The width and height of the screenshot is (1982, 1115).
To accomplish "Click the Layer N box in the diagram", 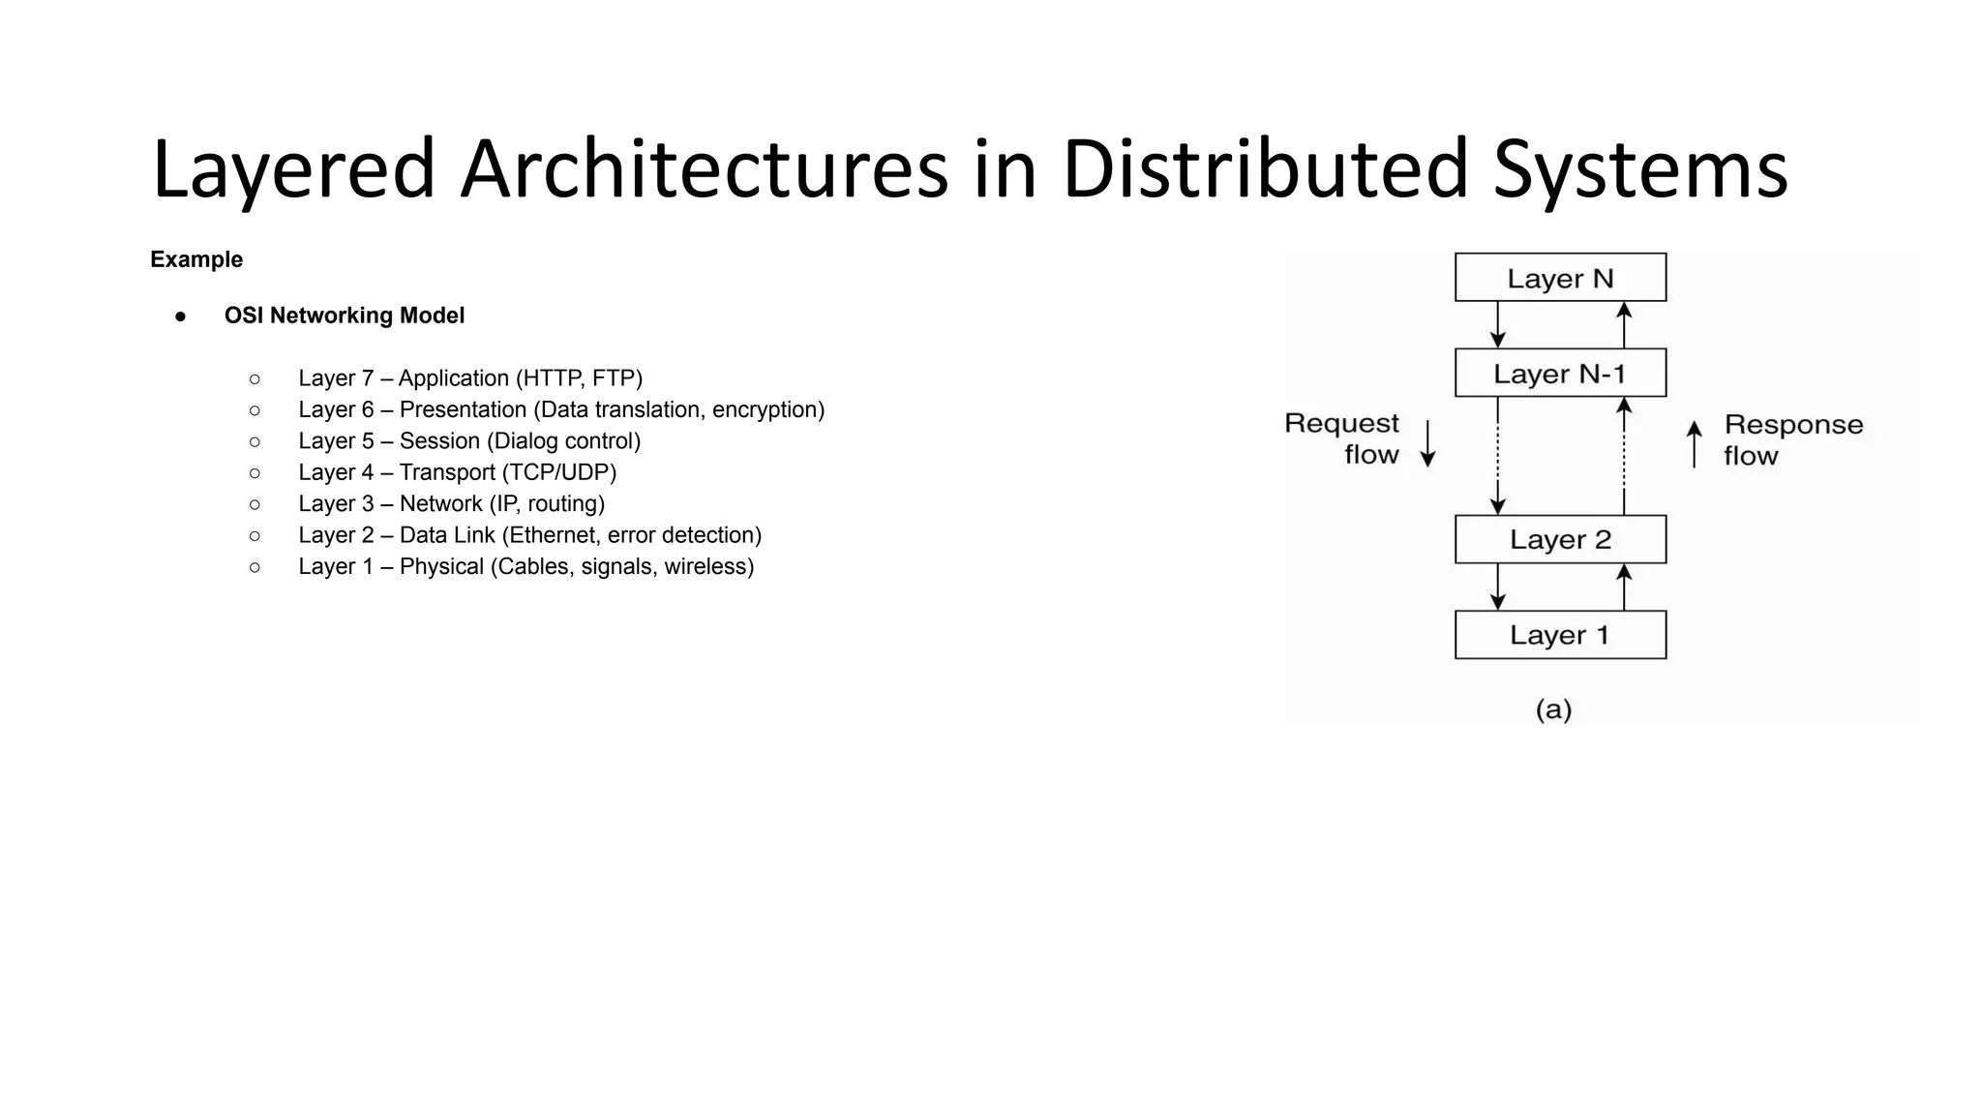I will coord(1560,278).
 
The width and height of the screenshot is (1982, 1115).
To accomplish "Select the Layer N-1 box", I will coord(1560,374).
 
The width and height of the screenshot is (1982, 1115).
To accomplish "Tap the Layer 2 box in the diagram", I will coord(1560,539).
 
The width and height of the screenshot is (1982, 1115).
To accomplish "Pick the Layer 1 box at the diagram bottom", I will coord(1560,635).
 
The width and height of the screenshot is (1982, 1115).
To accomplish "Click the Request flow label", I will coord(1342,438).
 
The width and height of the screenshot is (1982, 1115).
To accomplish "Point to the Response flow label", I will coord(1792,439).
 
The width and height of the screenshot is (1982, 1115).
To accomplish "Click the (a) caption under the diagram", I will coord(1553,709).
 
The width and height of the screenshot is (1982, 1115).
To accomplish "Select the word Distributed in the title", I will coord(1265,169).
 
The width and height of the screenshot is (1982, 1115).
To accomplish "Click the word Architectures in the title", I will coord(704,169).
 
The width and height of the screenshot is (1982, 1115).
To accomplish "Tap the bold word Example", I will coord(196,259).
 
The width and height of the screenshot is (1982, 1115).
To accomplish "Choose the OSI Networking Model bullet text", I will coord(344,316).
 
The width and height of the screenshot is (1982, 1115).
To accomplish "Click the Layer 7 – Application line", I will coord(469,378).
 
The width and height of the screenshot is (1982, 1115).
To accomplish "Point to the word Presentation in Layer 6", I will coord(463,409).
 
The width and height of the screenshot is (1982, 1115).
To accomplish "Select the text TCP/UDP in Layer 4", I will coord(561,472).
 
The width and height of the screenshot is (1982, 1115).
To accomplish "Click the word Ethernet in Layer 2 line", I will coord(553,535).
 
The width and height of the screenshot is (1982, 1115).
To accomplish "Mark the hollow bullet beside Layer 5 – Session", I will coord(255,441).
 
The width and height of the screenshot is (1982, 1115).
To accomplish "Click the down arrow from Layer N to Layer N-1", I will coord(1497,324).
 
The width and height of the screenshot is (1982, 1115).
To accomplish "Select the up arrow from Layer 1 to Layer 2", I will coord(1624,587).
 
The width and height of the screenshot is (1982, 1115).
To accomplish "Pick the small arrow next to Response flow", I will coord(1694,444).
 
